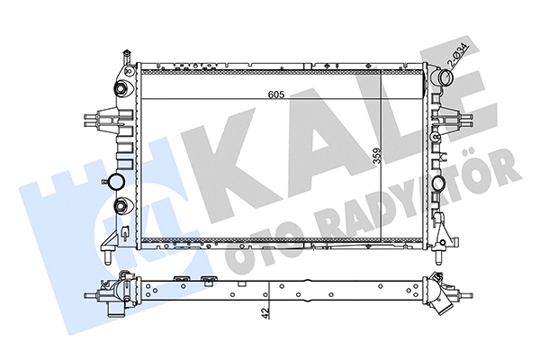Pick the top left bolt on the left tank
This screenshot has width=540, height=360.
120,88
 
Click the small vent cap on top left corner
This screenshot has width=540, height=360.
127,58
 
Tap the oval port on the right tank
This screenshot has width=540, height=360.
440,184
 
